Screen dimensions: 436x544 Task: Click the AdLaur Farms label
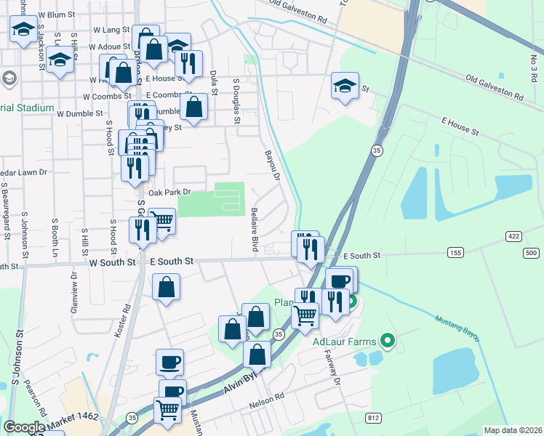(344, 342)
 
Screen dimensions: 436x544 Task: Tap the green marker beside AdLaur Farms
(388, 340)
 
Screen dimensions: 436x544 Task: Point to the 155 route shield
(455, 252)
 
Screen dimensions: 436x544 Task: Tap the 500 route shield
(530, 252)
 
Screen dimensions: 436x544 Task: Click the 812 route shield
(374, 417)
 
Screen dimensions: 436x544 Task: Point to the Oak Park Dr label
(169, 193)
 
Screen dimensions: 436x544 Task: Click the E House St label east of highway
(458, 129)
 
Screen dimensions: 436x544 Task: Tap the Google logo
(24, 427)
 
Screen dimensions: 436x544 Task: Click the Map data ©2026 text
(512, 430)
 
